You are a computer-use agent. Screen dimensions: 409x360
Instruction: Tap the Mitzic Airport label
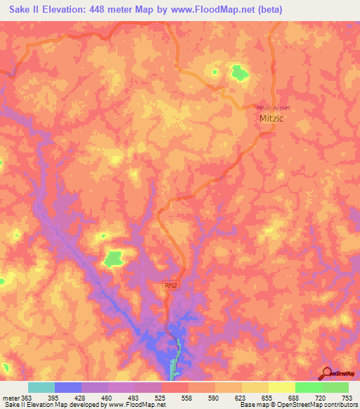tap(272, 108)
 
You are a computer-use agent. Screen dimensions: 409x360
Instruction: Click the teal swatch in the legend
tap(41, 387)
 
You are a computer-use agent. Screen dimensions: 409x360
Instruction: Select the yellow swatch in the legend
tap(281, 387)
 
